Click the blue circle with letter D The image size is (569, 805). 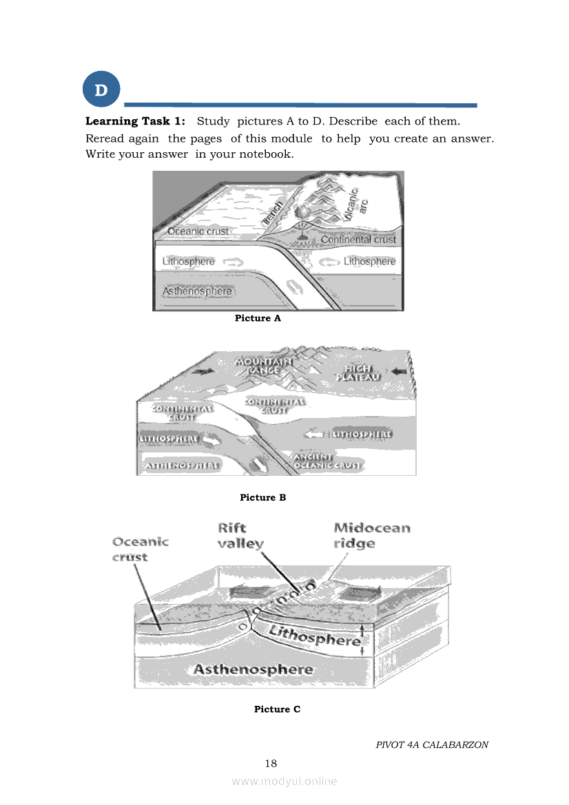click(101, 90)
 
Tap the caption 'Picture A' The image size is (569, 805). click(258, 318)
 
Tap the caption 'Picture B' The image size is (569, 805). click(262, 497)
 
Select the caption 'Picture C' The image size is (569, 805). click(277, 709)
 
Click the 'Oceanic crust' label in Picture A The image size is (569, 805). click(198, 231)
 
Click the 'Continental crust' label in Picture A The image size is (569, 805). click(358, 240)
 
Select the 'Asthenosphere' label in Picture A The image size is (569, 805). click(197, 291)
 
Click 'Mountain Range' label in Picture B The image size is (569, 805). click(263, 366)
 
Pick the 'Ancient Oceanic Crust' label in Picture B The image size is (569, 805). click(328, 461)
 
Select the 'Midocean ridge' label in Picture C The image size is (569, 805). click(371, 536)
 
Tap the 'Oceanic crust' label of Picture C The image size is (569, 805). click(140, 550)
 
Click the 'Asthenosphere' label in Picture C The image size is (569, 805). click(253, 669)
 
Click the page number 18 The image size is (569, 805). click(271, 763)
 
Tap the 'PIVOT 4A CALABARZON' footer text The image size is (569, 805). click(432, 745)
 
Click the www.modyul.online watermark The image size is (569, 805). click(284, 781)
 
